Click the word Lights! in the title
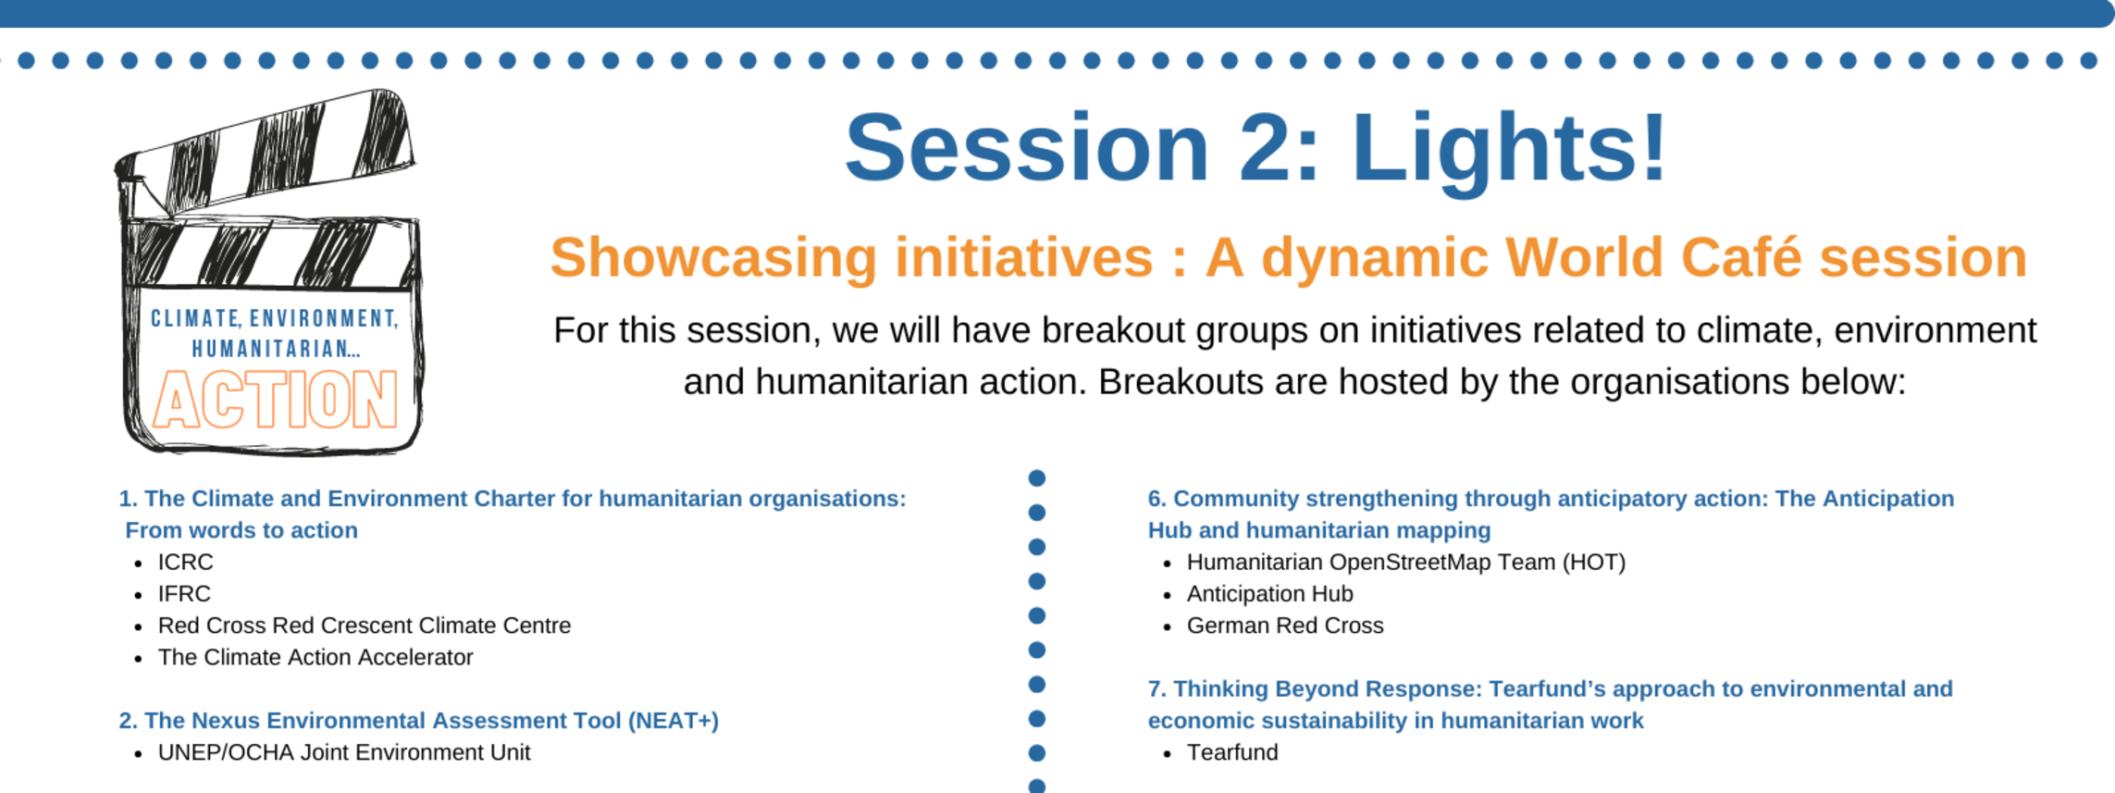1509,150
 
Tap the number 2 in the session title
1267,147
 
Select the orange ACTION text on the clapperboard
275,400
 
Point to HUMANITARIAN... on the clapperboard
276,349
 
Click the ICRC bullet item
185,562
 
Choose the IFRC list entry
184,593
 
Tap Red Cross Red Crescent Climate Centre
365,626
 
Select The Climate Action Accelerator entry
315,657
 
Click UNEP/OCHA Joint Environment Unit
344,752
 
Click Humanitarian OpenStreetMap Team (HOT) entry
1406,562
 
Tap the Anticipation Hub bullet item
1270,594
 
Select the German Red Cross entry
1285,626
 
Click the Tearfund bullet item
1232,752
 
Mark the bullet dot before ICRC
139,564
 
